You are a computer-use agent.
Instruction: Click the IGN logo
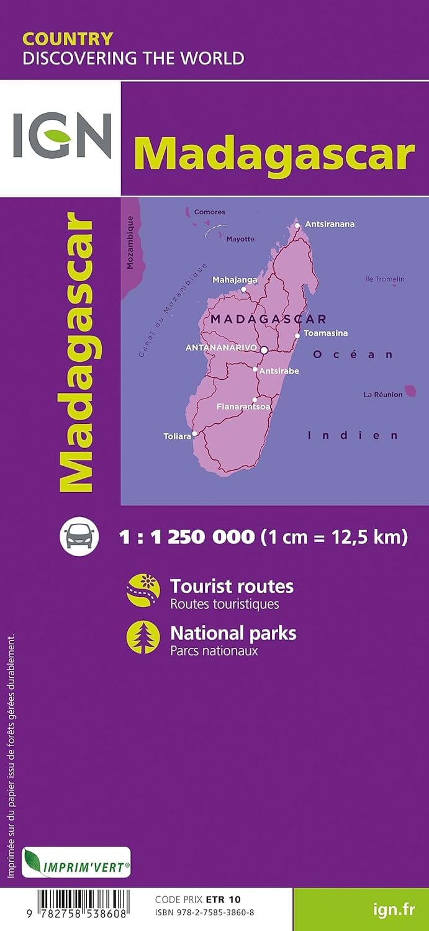click(x=62, y=135)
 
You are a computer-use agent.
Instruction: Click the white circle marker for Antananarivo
click(x=264, y=350)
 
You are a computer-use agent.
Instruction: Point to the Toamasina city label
click(x=326, y=333)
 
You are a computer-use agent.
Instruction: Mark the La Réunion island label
click(x=383, y=395)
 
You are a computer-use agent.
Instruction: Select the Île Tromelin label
click(x=384, y=279)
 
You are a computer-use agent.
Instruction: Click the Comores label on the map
click(x=210, y=212)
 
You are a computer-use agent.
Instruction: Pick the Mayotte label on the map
click(x=240, y=240)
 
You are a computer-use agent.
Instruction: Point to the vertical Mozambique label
click(x=130, y=242)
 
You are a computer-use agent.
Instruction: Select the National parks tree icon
click(x=143, y=637)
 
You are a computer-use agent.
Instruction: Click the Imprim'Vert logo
click(x=76, y=862)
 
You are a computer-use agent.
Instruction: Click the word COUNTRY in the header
click(x=68, y=39)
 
